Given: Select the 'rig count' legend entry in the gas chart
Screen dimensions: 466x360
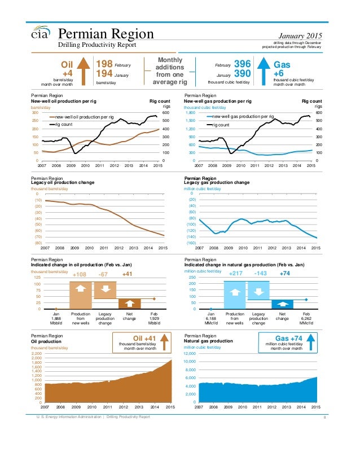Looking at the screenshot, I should click(226, 125).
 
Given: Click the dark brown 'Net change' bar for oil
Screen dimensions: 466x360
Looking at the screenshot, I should click(130, 304).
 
